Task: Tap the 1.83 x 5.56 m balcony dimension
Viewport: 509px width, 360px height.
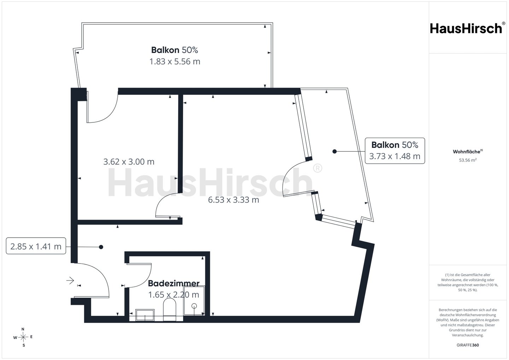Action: pos(175,62)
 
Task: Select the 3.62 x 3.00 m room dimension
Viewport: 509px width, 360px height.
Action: pos(129,162)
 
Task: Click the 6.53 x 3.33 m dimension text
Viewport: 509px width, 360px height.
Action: pos(234,200)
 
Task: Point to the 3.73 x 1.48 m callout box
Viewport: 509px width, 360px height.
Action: pos(395,151)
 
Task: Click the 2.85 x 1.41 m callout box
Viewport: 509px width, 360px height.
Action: pos(36,246)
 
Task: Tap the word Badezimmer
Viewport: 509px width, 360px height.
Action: pos(174,283)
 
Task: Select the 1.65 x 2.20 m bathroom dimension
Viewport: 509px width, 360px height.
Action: pos(174,295)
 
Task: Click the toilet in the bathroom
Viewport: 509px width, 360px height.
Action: pos(170,309)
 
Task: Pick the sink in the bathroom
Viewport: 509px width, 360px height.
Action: pos(145,315)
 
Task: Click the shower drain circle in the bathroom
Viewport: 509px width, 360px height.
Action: pos(194,306)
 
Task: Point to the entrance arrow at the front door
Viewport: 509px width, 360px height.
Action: pos(70,281)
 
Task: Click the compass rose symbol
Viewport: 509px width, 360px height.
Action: pos(23,337)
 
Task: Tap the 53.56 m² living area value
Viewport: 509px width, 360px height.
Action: pos(468,160)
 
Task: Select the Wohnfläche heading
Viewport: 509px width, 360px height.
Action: pos(468,151)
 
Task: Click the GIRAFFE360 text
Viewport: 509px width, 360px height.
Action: pos(468,345)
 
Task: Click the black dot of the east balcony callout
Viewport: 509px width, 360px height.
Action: pos(334,151)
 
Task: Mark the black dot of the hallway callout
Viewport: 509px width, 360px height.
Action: pos(101,247)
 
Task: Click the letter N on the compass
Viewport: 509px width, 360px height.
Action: pos(23,329)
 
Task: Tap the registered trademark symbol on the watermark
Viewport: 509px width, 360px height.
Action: pos(317,168)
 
